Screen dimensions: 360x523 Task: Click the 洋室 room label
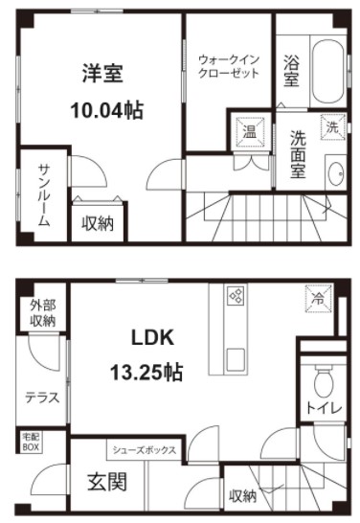pyautogui.click(x=102, y=74)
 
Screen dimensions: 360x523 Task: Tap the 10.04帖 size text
pyautogui.click(x=106, y=111)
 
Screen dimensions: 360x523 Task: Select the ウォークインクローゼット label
pyautogui.click(x=229, y=66)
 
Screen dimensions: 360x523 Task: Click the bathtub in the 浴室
pyautogui.click(x=328, y=72)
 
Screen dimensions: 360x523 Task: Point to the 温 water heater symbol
pyautogui.click(x=250, y=131)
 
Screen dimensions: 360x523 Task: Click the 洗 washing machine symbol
pyautogui.click(x=332, y=127)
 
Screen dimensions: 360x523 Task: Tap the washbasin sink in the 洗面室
pyautogui.click(x=335, y=172)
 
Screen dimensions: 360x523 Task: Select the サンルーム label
pyautogui.click(x=44, y=195)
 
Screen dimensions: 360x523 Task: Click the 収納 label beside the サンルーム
pyautogui.click(x=98, y=223)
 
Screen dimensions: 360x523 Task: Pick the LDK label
pyautogui.click(x=152, y=337)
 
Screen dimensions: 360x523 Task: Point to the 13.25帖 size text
pyautogui.click(x=146, y=373)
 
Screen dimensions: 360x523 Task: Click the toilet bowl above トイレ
pyautogui.click(x=324, y=380)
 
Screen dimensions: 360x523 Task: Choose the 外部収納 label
pyautogui.click(x=43, y=313)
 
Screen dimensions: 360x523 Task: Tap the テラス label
pyautogui.click(x=42, y=398)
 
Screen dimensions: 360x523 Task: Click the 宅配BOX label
pyautogui.click(x=31, y=443)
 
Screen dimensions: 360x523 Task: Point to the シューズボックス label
pyautogui.click(x=145, y=450)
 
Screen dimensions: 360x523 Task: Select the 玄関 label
pyautogui.click(x=107, y=483)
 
